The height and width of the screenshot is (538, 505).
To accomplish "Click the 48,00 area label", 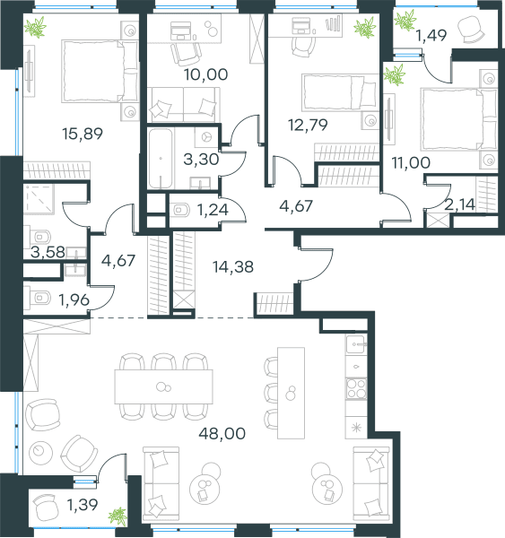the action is coord(222,433).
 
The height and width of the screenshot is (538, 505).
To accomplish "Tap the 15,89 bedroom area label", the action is coord(83,134).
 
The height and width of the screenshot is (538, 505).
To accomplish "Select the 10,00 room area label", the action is coord(205,74).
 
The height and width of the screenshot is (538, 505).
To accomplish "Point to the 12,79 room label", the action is coord(308,125).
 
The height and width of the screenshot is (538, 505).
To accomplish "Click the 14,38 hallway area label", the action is coord(233,266).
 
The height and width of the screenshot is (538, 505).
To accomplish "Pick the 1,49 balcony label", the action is coord(431,35).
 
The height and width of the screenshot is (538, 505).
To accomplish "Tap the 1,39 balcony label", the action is coord(83,504).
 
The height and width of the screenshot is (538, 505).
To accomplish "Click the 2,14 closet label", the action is coord(459,204).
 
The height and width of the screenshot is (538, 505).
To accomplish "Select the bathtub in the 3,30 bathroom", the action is coord(161,158).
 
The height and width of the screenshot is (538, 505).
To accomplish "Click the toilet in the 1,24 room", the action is coord(181,210).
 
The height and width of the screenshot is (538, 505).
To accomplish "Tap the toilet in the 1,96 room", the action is coord(40,298).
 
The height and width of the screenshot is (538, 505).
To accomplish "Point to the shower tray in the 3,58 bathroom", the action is coord(39,199).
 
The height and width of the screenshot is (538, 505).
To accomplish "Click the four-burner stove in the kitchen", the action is coord(356,388).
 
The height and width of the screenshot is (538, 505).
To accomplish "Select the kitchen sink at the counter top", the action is coord(356,344).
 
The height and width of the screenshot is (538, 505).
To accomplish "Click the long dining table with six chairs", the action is coord(164,386).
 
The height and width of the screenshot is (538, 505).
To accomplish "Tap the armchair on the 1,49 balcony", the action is coord(471,30).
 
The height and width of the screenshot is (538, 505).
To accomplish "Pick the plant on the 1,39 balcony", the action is coord(118,516).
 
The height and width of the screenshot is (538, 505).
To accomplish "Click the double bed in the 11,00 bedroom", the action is coord(458,119).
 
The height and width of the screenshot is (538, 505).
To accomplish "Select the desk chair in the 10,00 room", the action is coord(186,54).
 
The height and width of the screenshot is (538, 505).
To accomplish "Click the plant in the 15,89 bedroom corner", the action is coord(35,27).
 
